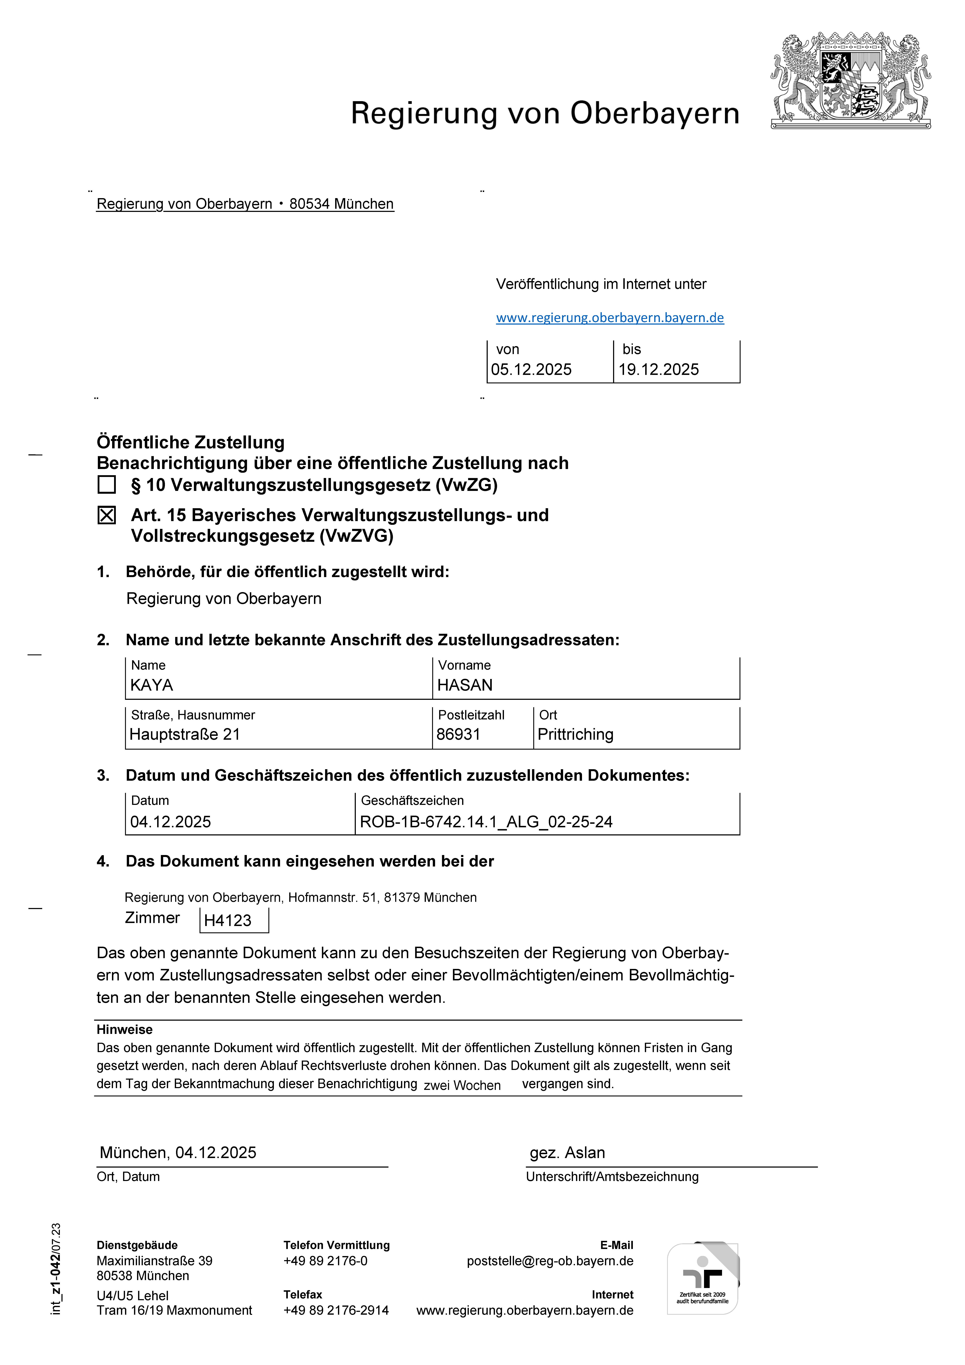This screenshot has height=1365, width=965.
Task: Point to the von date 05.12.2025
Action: coord(531,370)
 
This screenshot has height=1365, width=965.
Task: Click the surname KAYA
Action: coord(152,686)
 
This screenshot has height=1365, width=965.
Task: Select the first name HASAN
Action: coord(465,686)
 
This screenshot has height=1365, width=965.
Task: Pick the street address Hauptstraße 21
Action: coord(185,735)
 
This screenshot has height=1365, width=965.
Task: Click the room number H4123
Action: coord(228,921)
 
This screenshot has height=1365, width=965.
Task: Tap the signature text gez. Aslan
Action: coord(567,1153)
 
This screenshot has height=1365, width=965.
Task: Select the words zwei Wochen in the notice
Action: coord(462,1086)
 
